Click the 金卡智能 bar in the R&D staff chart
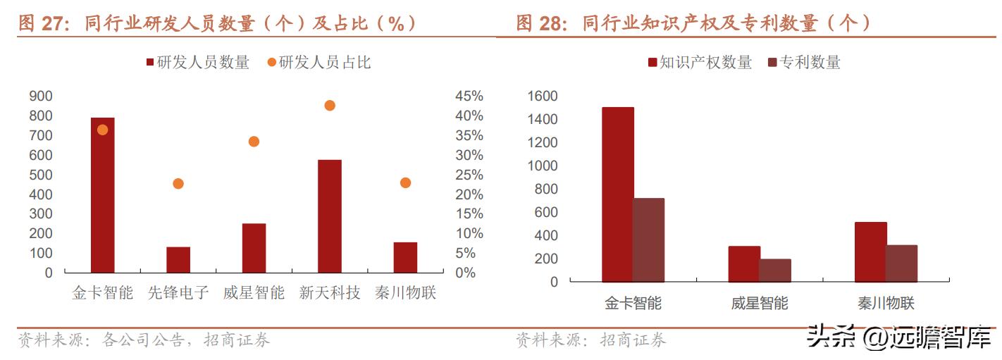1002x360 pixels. (102, 195)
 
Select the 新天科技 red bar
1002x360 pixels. (329, 216)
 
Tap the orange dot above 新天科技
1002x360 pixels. (329, 106)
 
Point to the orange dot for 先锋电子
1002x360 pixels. (178, 184)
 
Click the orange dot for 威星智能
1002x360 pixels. (254, 142)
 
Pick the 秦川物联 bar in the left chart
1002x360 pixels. (405, 257)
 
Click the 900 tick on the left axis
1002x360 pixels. (41, 97)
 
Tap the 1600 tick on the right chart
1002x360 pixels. (543, 97)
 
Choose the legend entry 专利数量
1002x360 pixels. (804, 63)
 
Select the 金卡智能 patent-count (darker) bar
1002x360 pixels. (648, 240)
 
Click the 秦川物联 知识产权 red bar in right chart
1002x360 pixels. (870, 252)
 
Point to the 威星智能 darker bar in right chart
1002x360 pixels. (775, 270)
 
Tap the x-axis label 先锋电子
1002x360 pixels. (178, 292)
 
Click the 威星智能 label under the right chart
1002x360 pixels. (760, 304)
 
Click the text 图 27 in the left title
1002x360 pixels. (42, 23)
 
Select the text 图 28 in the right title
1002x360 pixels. (540, 23)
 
